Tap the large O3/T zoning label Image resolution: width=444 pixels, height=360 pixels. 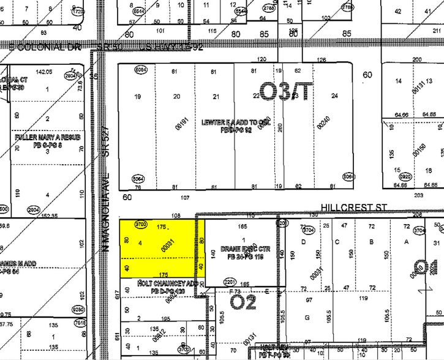tap(286, 92)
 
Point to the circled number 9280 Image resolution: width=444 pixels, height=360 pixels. tap(78, 309)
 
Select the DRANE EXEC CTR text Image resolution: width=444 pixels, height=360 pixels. tap(241, 250)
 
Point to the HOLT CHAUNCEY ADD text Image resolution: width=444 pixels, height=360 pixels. tap(159, 284)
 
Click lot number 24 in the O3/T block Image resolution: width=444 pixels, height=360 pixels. tap(334, 96)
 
